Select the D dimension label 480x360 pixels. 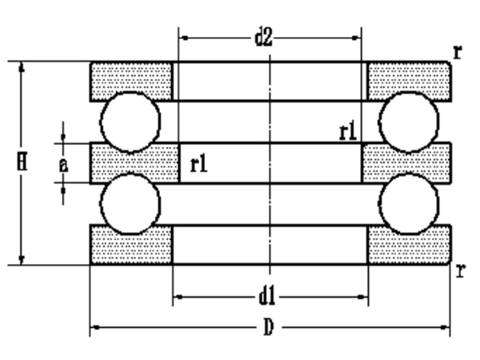point(269,327)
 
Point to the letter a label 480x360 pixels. point(63,164)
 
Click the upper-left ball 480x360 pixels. point(130,122)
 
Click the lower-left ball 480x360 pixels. point(130,204)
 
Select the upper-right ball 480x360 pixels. point(409,122)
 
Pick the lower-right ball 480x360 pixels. point(409,204)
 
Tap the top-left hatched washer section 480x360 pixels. point(132,80)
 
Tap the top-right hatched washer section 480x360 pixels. point(408,80)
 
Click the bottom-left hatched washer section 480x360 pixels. point(132,245)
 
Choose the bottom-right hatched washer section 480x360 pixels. point(408,245)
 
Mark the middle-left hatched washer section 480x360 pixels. point(134,163)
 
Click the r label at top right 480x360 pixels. point(458,52)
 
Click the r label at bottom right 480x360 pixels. point(460,270)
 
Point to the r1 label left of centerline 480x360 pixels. point(199,165)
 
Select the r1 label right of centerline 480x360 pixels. point(347,130)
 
